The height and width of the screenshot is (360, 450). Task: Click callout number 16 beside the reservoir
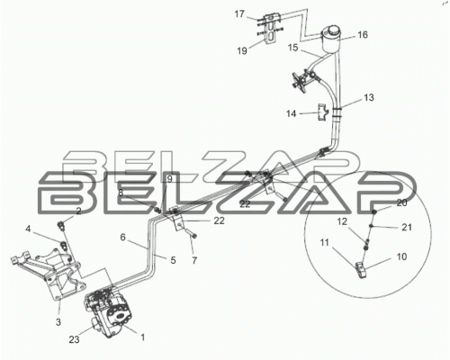[363, 35]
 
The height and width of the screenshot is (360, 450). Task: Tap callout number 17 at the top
[239, 14]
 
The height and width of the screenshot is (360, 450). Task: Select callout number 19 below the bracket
[242, 50]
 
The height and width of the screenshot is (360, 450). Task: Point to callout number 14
[291, 113]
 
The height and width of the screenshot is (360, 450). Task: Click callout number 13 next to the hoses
[369, 97]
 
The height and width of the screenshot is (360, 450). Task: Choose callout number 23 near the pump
[74, 339]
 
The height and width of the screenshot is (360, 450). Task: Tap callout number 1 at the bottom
[143, 337]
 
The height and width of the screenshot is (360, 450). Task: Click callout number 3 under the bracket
[58, 322]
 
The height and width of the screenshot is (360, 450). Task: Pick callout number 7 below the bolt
[194, 261]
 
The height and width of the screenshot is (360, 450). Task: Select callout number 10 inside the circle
[401, 256]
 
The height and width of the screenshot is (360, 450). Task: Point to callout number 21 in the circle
[407, 228]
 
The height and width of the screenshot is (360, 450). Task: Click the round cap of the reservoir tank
[330, 31]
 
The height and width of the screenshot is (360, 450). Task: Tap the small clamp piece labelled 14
[323, 112]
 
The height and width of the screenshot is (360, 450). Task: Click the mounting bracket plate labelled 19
[271, 29]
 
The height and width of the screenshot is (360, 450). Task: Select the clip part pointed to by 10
[361, 269]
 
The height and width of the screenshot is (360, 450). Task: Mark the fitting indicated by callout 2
[61, 225]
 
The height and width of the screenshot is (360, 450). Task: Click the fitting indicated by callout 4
[64, 244]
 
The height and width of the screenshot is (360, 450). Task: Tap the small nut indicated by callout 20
[374, 212]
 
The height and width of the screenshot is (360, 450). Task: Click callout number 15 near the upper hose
[293, 48]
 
